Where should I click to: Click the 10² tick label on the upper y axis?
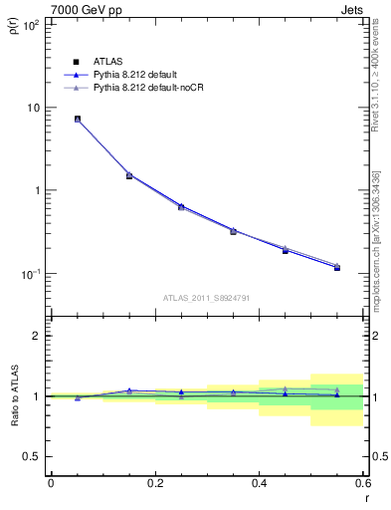29,25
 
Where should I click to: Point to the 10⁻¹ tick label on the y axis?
29,274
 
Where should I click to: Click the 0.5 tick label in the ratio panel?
33,456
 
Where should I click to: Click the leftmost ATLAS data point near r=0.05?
78,119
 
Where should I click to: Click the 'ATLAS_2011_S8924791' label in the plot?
207,297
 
